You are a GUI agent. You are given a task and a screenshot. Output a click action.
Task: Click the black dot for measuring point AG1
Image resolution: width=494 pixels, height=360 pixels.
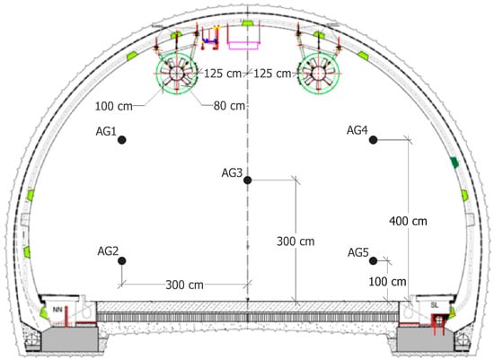[122, 139]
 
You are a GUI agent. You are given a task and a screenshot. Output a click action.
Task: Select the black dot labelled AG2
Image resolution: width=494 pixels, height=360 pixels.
[122, 260]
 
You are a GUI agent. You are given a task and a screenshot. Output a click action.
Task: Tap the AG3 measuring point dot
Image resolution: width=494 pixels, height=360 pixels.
[247, 180]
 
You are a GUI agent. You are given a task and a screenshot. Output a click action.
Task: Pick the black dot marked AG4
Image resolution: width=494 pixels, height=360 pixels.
[373, 139]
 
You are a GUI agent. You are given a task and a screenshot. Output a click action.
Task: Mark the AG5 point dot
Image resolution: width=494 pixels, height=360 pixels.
[373, 260]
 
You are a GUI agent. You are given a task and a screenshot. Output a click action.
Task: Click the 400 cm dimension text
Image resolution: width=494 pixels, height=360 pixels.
[408, 221]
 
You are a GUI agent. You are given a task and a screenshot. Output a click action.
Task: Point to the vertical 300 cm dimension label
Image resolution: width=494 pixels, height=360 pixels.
[296, 241]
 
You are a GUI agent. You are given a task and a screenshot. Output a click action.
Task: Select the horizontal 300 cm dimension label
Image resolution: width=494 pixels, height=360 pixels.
[185, 285]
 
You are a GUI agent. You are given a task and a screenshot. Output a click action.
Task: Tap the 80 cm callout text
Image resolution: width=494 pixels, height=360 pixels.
[229, 106]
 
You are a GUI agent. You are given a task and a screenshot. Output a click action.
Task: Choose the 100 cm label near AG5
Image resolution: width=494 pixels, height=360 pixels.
[387, 282]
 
